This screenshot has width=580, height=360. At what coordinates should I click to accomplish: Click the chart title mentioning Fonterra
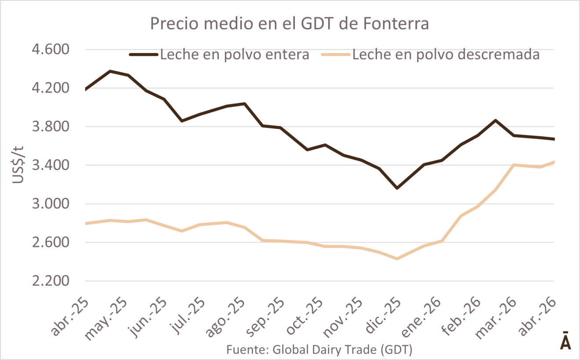point(290,24)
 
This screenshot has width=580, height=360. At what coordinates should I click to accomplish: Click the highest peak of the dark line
point(110,71)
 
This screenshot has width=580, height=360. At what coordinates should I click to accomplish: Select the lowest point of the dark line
point(397,188)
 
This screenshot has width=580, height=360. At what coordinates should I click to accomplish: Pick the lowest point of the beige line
point(397,259)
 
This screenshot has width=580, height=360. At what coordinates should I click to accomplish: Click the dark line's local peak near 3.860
point(495,120)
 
